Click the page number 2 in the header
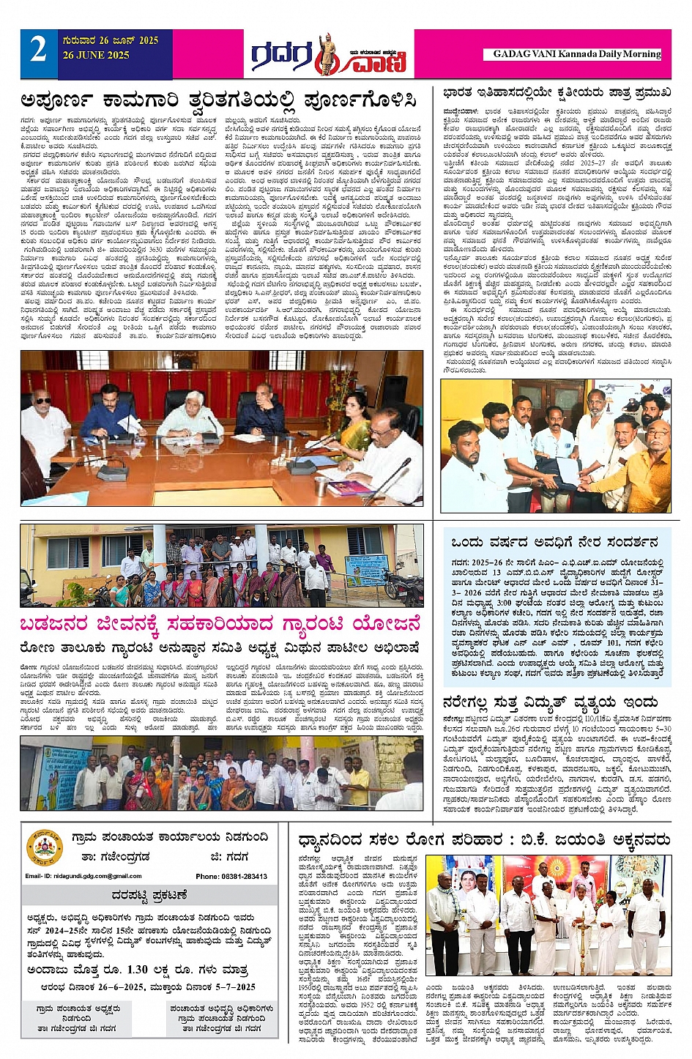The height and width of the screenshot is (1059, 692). tap(38, 51)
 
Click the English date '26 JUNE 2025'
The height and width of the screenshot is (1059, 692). tap(96, 56)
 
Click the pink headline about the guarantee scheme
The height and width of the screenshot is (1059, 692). tap(221, 625)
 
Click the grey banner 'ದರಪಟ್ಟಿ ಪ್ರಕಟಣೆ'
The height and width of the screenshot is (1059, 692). tap(150, 894)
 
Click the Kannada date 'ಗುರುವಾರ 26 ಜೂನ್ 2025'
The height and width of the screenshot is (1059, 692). tap(111, 40)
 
